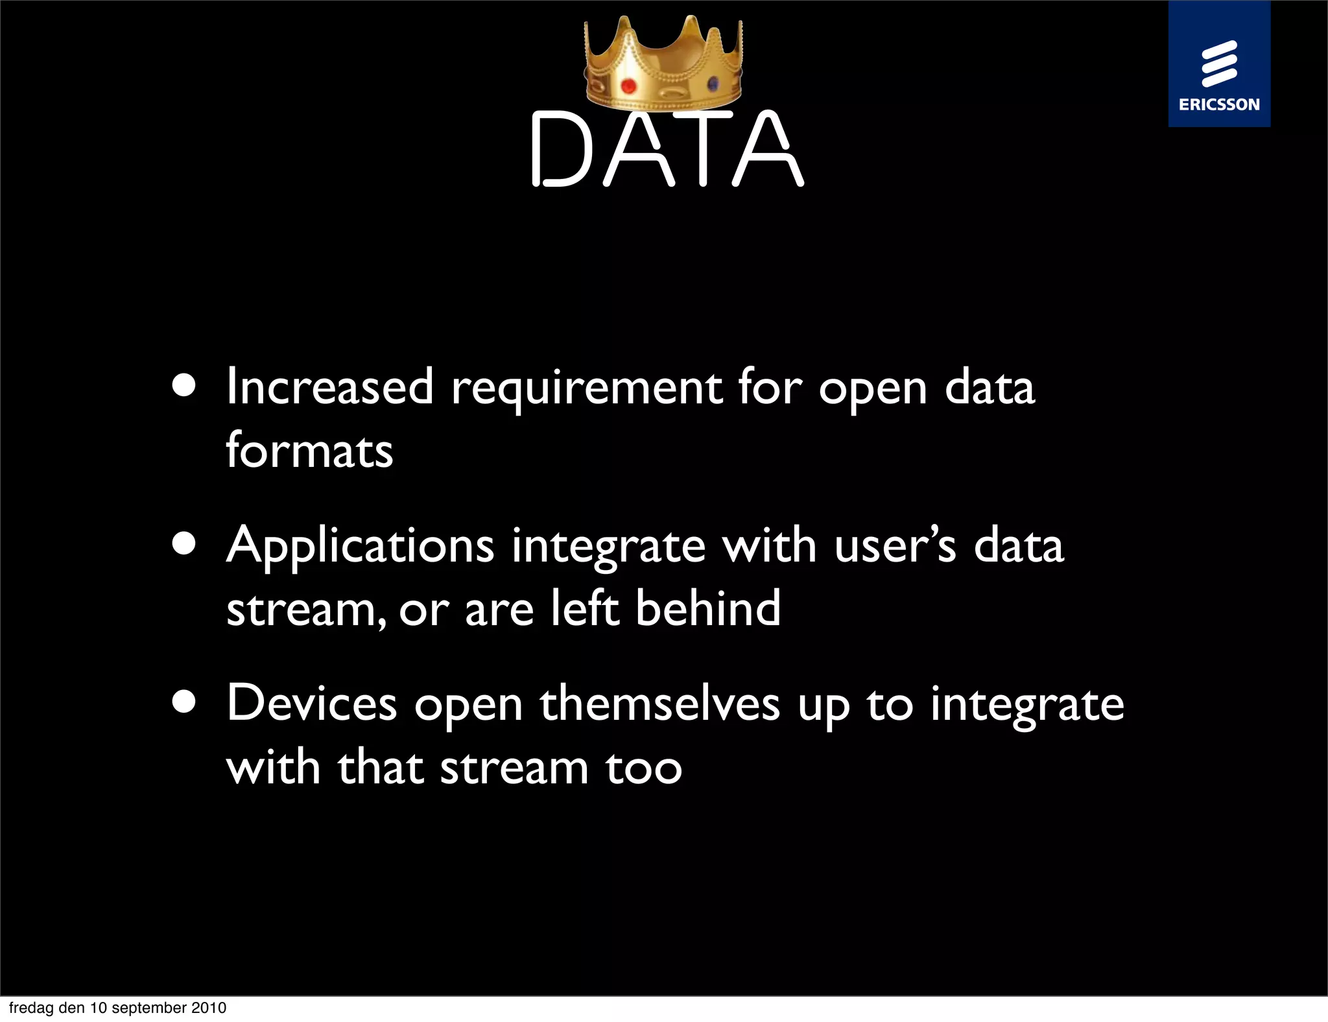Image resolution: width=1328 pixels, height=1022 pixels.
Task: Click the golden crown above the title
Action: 663,65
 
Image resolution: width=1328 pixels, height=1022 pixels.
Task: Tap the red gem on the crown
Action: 628,86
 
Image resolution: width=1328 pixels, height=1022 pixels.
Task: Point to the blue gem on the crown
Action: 713,84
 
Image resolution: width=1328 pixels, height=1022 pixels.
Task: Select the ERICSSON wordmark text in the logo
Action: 1219,104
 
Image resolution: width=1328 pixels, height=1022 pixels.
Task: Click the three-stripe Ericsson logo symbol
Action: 1219,63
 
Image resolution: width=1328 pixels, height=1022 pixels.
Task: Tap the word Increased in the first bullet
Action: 329,387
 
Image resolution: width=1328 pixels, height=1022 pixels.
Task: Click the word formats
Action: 309,450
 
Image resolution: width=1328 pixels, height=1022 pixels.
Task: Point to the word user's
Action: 895,545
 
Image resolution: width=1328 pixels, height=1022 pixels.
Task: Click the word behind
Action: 708,608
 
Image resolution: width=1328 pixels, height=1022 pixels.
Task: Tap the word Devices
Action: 312,704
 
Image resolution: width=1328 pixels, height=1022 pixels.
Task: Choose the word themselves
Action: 660,704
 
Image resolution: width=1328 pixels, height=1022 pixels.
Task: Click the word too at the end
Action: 644,768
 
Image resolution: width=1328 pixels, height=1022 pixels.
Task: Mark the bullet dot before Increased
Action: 185,385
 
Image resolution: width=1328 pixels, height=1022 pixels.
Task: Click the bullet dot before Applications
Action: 185,543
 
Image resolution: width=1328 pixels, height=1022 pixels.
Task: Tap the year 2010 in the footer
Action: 209,1008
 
